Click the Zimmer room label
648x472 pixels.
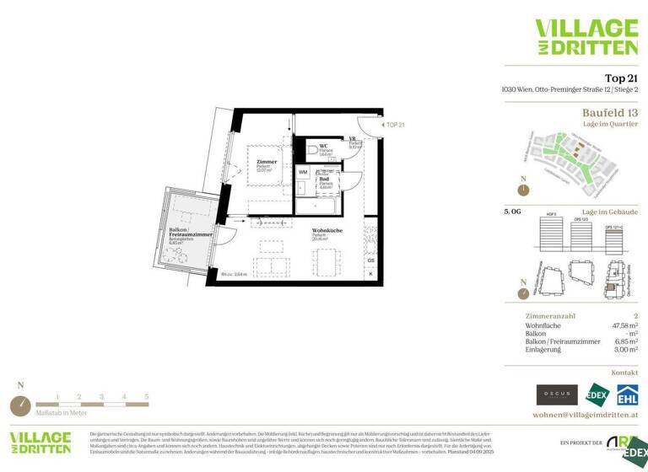pos(267,162)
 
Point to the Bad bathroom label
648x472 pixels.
pos(324,179)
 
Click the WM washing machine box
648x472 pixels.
pos(303,172)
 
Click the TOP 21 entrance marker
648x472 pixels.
pos(395,125)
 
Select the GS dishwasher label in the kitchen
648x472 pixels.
pos(370,260)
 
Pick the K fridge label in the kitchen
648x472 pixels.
pos(370,273)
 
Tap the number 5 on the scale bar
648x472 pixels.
pos(146,395)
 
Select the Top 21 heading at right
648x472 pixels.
pos(620,78)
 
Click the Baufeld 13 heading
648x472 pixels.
pos(610,112)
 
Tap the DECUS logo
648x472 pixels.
pos(557,394)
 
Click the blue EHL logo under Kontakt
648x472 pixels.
pos(627,394)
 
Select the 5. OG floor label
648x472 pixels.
pos(513,212)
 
